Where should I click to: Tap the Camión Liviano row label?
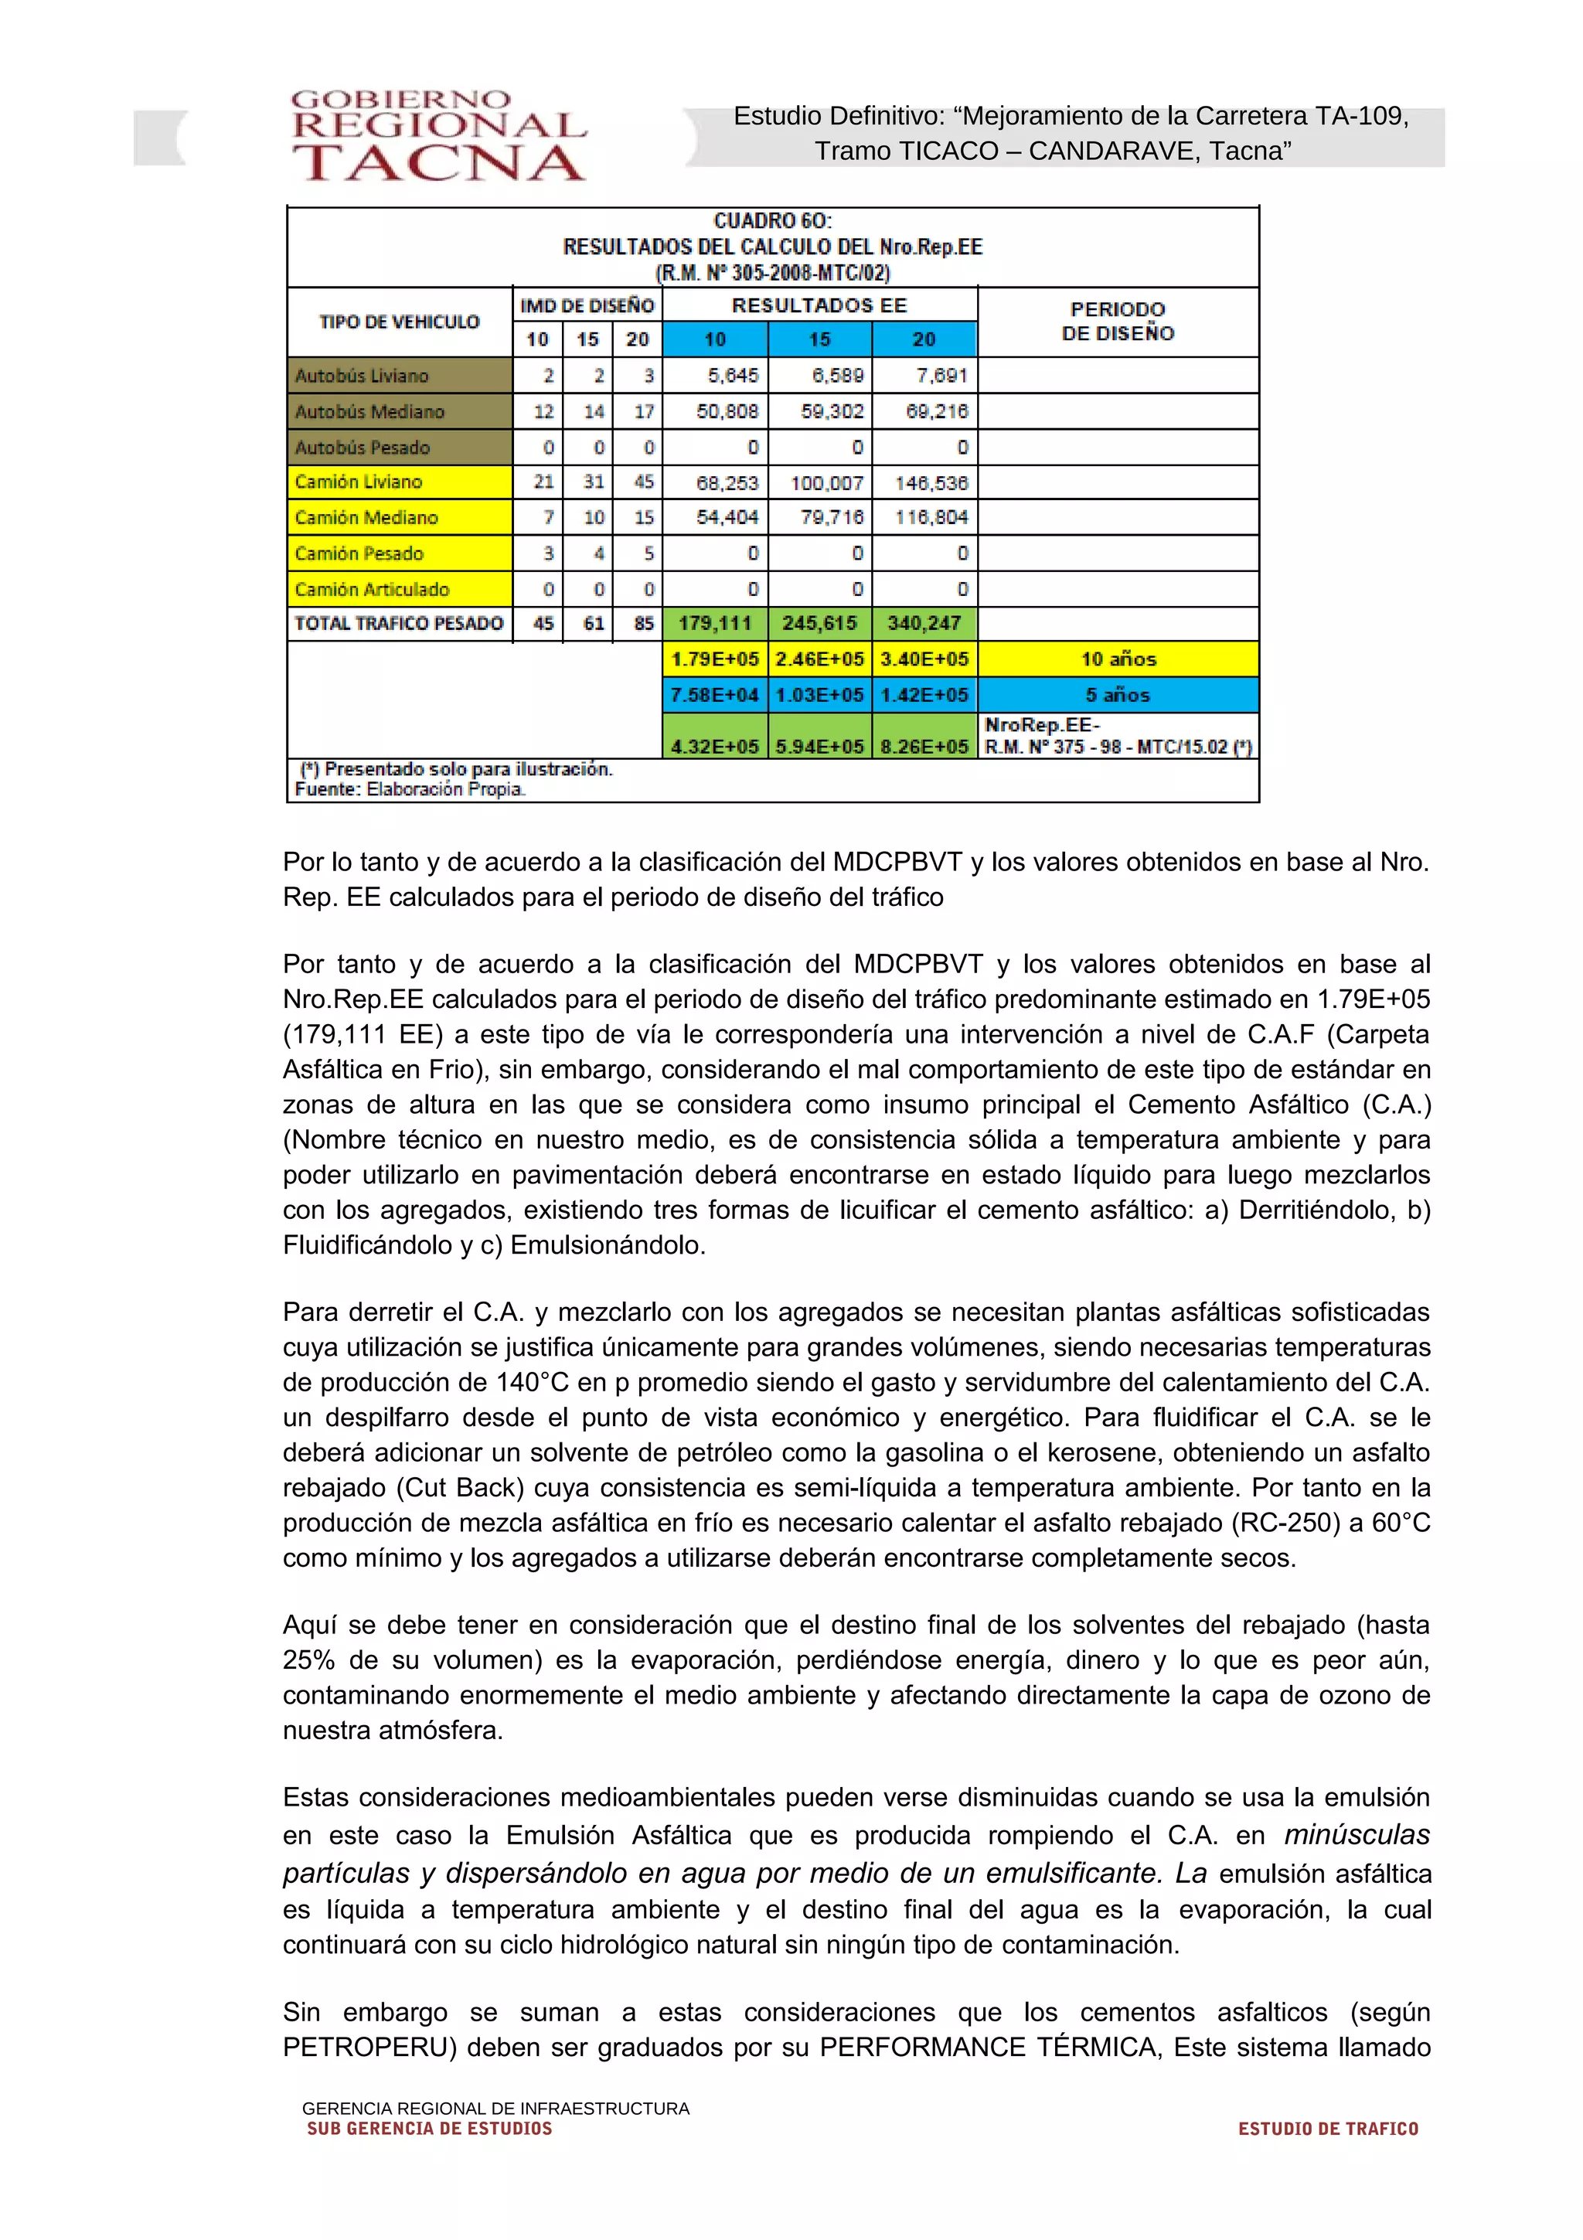(359, 482)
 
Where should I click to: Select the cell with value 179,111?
(715, 624)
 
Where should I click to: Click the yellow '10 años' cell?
(1118, 659)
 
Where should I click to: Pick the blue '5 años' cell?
(1118, 696)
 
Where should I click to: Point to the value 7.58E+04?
(715, 696)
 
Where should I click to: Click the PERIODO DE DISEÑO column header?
(1118, 321)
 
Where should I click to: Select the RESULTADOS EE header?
(819, 305)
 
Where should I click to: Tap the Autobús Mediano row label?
(369, 412)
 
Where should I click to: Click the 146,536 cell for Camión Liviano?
(931, 483)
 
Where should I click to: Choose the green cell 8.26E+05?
(924, 747)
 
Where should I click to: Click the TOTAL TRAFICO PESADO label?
(399, 624)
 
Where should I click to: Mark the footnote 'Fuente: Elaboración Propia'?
(410, 789)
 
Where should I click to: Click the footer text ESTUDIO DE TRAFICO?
(1327, 2129)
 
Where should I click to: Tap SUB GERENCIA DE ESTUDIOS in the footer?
(429, 2129)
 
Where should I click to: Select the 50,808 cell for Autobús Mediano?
(727, 412)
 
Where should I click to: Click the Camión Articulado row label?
(372, 589)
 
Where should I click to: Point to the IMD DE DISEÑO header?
(587, 305)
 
